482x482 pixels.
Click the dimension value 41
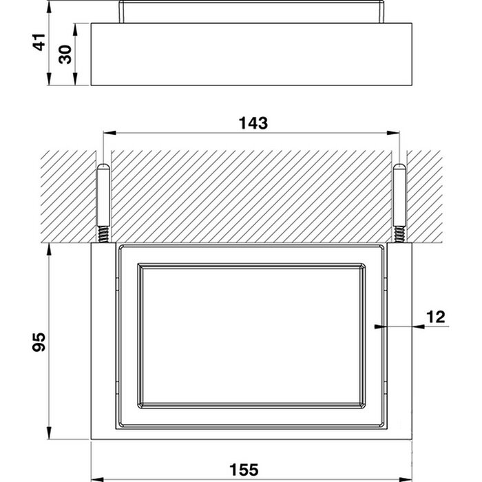click(x=40, y=42)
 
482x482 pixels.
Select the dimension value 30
click(x=65, y=54)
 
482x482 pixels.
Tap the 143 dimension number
click(x=253, y=123)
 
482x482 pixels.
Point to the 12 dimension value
click(x=436, y=317)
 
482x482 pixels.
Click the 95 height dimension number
click(x=39, y=342)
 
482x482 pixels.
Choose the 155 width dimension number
click(x=244, y=470)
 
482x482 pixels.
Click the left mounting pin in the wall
click(x=103, y=195)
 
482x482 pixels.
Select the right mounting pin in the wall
click(x=399, y=195)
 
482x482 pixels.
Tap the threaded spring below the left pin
click(x=103, y=234)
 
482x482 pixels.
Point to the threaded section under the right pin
click(x=399, y=234)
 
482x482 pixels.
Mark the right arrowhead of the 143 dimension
click(x=393, y=133)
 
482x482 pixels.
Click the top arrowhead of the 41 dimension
click(x=49, y=7)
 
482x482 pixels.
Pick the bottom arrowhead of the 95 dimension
click(x=49, y=433)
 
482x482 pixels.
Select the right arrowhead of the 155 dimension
click(x=406, y=479)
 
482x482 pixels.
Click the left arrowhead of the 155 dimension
click(x=98, y=479)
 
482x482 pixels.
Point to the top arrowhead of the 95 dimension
click(x=49, y=249)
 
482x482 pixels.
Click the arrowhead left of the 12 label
click(x=381, y=326)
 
